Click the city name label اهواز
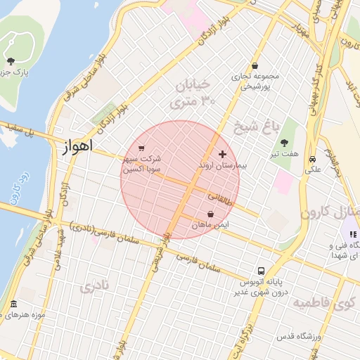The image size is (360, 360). pos(73,148)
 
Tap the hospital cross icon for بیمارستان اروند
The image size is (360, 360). pos(223,154)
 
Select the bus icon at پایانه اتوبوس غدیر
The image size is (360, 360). pos(261,270)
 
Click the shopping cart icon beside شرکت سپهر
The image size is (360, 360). pos(142,148)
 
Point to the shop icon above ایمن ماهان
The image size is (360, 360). pos(211,214)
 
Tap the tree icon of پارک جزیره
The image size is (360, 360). pos(11,61)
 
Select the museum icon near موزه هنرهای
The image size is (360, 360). pos(13,304)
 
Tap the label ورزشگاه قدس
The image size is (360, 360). pos(298,337)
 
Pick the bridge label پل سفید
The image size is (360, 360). pos(20,130)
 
